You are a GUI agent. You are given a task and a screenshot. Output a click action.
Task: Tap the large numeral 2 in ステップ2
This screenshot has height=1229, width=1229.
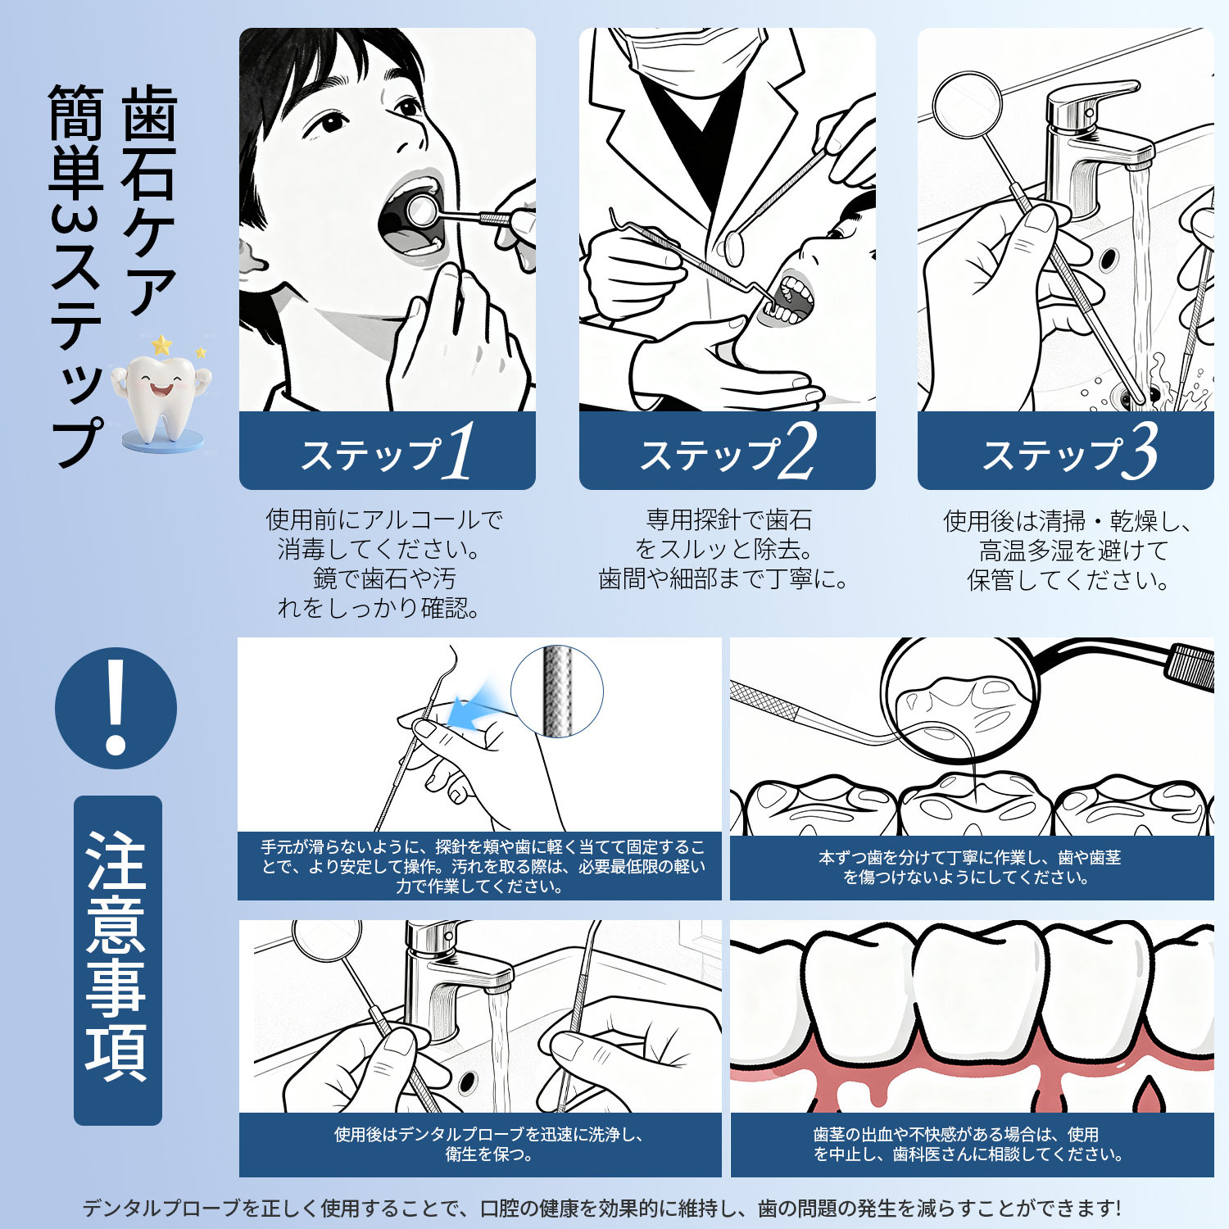point(798,451)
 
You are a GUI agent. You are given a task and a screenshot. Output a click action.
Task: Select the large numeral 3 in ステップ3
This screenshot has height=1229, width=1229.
point(1140,451)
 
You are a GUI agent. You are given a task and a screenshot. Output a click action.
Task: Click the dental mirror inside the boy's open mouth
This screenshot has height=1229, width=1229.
point(421,210)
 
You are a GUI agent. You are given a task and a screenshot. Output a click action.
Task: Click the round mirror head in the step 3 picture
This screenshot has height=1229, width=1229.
point(968,104)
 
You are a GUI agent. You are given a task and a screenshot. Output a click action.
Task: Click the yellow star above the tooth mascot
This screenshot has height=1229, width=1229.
point(162,344)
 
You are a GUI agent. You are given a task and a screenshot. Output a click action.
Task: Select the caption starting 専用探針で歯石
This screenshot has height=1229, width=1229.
point(723,549)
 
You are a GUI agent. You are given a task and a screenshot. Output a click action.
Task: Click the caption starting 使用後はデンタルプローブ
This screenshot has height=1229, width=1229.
point(488,1144)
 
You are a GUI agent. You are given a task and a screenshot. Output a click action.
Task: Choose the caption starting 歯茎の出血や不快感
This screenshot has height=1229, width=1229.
point(968,1144)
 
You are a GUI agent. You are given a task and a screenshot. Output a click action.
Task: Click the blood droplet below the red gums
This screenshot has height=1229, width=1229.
point(1150,1095)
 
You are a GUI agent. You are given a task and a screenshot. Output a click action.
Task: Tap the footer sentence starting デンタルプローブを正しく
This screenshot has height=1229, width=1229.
point(601,1208)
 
